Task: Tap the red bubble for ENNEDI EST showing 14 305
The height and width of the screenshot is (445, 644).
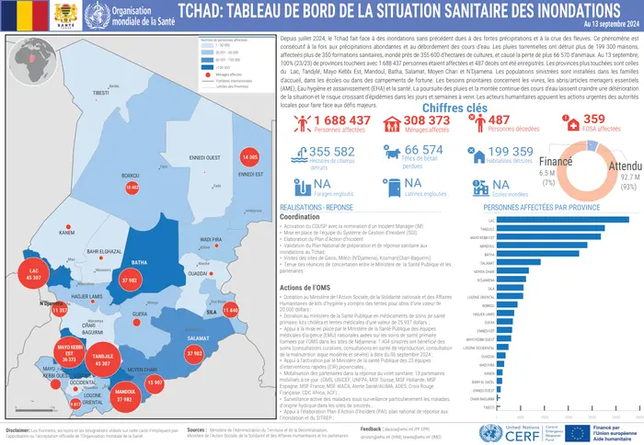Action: pyautogui.click(x=247, y=158)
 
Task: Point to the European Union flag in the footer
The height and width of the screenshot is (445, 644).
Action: pyautogui.click(x=576, y=431)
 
